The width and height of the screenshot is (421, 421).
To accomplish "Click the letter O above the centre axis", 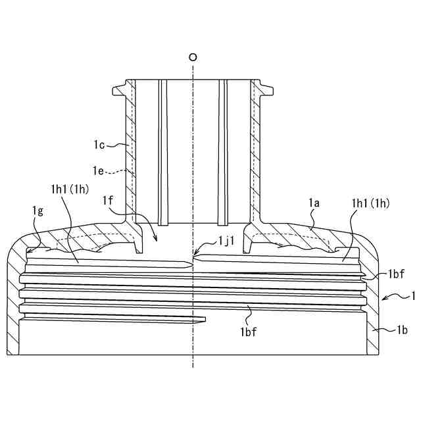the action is pos(192,57).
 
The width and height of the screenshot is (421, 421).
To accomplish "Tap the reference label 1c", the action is pos(100,143).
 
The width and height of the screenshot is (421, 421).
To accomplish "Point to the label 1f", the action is pos(109,200).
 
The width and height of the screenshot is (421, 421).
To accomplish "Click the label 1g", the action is pos(39,210).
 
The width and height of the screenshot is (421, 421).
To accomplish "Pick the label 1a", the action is pos(314,205).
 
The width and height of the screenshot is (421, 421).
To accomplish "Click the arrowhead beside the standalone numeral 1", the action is pos(384,299).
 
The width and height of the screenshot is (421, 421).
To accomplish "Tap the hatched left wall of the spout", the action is pos(130,151).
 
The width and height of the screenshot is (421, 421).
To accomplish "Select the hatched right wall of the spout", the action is pos(255,151).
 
